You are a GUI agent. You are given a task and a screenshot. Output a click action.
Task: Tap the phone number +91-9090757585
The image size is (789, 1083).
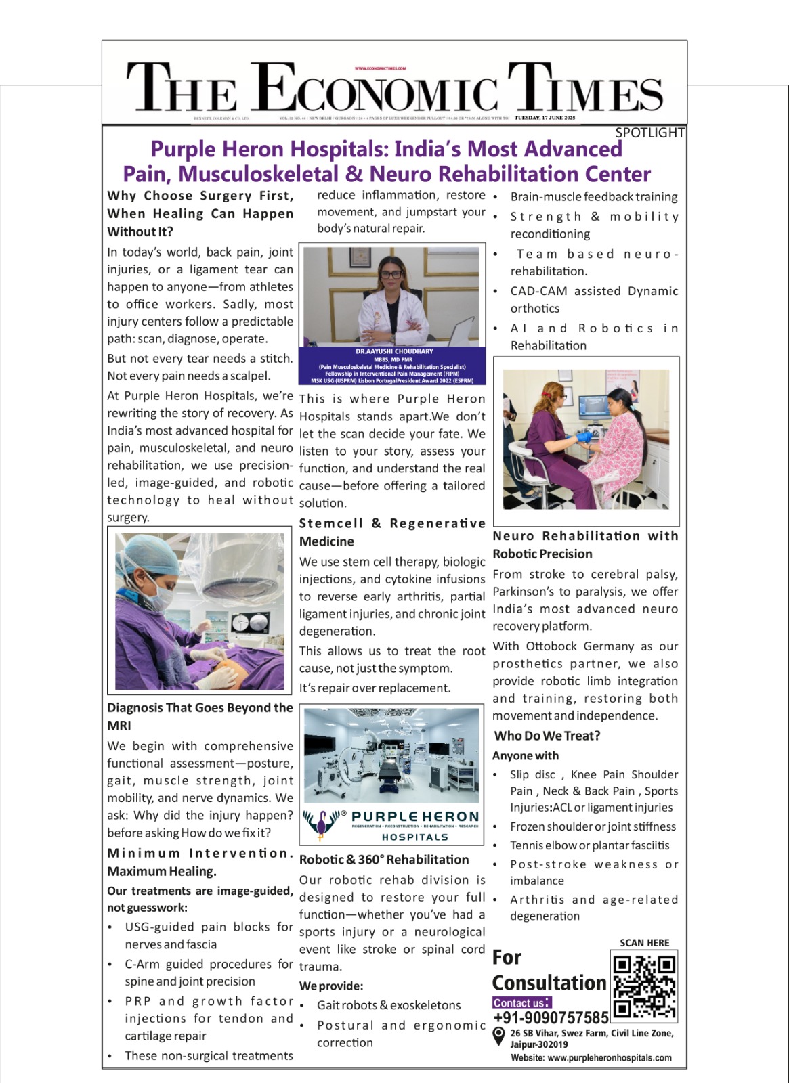tap(551, 1018)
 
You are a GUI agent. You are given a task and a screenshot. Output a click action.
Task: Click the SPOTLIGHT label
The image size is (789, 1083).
tap(649, 133)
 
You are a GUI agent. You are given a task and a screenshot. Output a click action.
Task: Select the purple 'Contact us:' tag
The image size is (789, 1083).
tap(521, 1002)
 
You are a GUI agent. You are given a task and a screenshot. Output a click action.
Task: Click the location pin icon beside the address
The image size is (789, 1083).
tap(499, 1036)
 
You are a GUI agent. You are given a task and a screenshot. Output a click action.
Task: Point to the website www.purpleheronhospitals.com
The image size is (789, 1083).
tap(591, 1058)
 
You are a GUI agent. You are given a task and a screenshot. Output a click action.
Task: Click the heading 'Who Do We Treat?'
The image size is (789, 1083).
tap(547, 736)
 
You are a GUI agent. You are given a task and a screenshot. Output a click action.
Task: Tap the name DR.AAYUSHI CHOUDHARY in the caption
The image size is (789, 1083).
tap(394, 351)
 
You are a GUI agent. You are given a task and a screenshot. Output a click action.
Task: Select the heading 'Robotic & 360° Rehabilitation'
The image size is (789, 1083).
tap(384, 860)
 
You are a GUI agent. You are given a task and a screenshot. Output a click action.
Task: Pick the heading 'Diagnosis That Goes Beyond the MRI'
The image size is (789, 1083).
tap(200, 716)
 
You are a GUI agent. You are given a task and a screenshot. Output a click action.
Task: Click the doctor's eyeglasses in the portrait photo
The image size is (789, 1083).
tap(391, 275)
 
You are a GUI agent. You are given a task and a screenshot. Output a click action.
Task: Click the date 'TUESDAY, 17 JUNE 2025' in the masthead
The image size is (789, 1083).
tap(545, 118)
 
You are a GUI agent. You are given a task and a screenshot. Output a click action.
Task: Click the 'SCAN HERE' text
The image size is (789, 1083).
tap(644, 943)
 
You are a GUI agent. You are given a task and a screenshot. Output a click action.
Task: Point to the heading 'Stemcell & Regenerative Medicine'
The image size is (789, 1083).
tap(392, 532)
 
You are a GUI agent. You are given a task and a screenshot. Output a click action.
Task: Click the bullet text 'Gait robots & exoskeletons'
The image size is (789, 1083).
tap(389, 1005)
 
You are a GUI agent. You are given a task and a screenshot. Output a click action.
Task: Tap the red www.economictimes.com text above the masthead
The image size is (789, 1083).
tap(380, 68)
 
